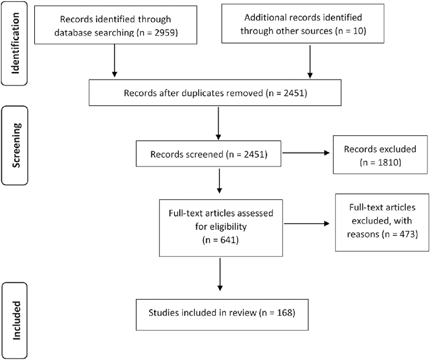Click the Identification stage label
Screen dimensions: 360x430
15,43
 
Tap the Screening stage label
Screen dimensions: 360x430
15,145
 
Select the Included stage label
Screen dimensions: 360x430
15,321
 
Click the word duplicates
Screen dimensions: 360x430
203,93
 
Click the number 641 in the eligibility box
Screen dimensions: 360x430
225,240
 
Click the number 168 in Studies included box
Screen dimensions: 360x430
282,313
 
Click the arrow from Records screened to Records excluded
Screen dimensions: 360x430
305,153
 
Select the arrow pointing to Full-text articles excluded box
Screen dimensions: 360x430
307,224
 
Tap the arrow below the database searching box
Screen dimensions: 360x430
114,60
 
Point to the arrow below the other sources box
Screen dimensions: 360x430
310,61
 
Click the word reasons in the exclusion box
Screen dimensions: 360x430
363,234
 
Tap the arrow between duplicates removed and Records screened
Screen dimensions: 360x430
218,123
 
